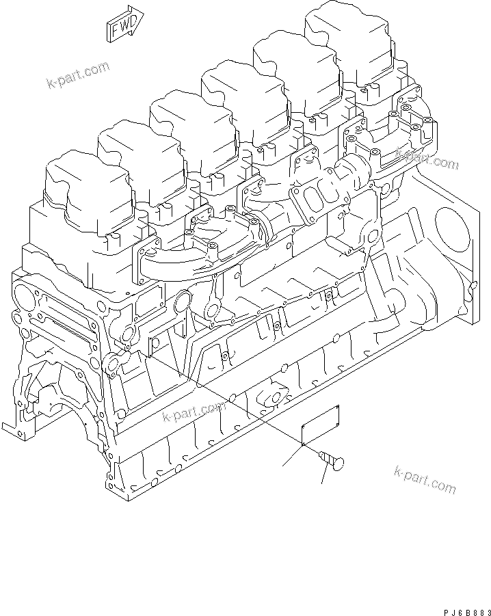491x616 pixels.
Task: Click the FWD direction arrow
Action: click(123, 26)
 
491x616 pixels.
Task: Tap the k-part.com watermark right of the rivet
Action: click(425, 478)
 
